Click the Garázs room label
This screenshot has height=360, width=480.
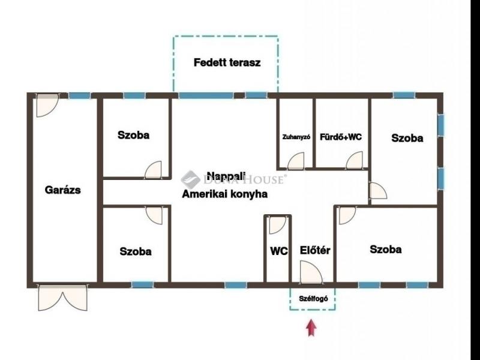(63, 190)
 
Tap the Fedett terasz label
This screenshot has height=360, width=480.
(227, 62)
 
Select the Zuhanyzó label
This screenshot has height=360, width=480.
(296, 137)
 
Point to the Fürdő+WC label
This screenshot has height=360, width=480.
(341, 137)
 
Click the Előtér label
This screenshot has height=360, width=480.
(315, 250)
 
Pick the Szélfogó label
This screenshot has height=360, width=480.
(313, 298)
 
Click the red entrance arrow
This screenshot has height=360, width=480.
(311, 328)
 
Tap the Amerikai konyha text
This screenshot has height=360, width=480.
(224, 194)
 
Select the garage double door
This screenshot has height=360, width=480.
(63, 298)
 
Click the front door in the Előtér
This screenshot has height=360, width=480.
(311, 272)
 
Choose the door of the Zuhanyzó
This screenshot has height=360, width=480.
(296, 161)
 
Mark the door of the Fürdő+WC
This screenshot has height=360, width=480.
(355, 160)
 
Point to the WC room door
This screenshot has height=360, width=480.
(278, 225)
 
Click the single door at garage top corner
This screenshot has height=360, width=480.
(47, 106)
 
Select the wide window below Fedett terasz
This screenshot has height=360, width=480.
(206, 95)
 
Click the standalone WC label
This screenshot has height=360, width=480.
(279, 251)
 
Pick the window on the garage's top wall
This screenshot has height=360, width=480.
(80, 95)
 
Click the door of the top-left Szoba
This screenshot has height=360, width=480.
(153, 170)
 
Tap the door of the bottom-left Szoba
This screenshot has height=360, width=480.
(154, 216)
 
